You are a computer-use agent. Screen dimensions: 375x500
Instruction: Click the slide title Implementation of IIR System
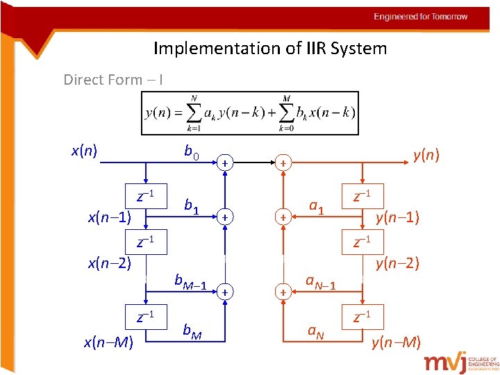pyautogui.click(x=269, y=49)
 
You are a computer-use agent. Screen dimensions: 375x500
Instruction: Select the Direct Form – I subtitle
pyautogui.click(x=113, y=80)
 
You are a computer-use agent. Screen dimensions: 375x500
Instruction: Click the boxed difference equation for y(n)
pyautogui.click(x=250, y=113)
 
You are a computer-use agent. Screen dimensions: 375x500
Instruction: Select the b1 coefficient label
pyautogui.click(x=192, y=206)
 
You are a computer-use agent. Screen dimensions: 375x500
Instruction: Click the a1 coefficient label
pyautogui.click(x=317, y=206)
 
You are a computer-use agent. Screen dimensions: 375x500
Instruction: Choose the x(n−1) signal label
pyautogui.click(x=109, y=217)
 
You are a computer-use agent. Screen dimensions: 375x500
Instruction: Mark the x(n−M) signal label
pyautogui.click(x=108, y=342)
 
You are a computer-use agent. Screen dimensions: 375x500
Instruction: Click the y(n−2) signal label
pyautogui.click(x=397, y=263)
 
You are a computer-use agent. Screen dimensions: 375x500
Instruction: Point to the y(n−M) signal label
pyautogui.click(x=396, y=342)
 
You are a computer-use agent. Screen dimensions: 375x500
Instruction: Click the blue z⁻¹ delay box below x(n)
pyautogui.click(x=146, y=195)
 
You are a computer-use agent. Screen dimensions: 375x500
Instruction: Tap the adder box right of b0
pyautogui.click(x=225, y=162)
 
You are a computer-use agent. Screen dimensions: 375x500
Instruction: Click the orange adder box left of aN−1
pyautogui.click(x=283, y=293)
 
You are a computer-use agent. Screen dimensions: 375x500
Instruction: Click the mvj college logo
pyautogui.click(x=461, y=362)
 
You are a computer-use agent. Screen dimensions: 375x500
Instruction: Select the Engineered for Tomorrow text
pyautogui.click(x=421, y=17)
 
